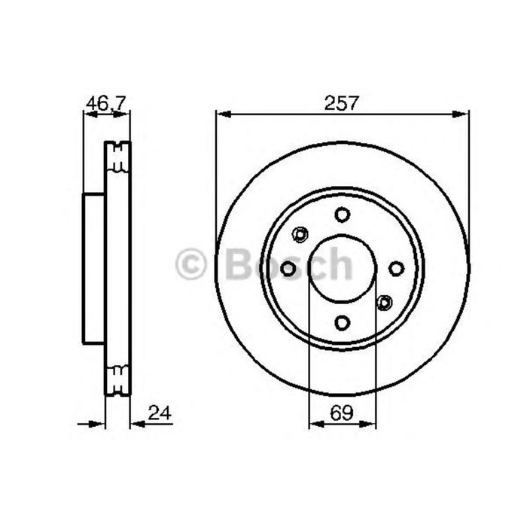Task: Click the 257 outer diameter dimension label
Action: (x=342, y=103)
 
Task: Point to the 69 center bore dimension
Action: (x=343, y=412)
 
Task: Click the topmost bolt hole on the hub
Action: (x=343, y=215)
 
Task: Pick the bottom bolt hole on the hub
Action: (x=343, y=323)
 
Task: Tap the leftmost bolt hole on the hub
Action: (x=288, y=268)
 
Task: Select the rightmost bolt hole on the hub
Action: (x=397, y=268)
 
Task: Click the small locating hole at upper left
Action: (x=300, y=234)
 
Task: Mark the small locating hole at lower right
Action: (x=385, y=303)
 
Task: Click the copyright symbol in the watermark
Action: (x=191, y=264)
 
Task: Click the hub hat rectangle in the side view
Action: (x=93, y=268)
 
